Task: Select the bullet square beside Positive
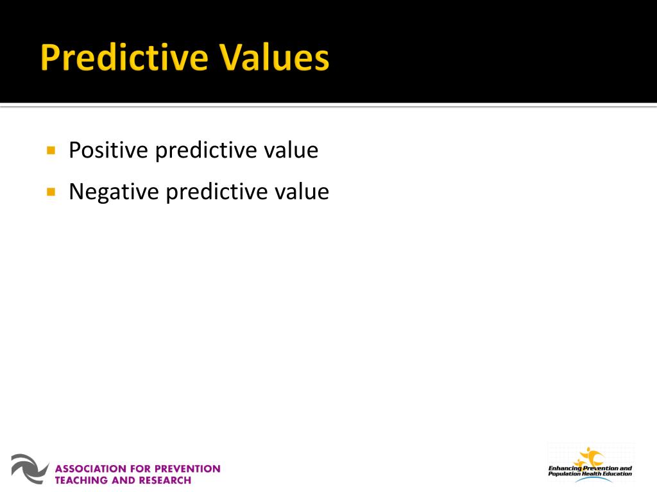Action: tap(51, 151)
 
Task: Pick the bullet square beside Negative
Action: tap(51, 192)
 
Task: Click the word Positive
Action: tap(108, 151)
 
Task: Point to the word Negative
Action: tap(114, 192)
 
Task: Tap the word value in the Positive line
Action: tap(291, 151)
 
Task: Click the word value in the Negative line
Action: tap(301, 192)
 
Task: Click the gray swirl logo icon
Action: tap(30, 468)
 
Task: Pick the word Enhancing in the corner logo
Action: tap(564, 468)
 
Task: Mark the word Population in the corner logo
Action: tap(563, 474)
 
